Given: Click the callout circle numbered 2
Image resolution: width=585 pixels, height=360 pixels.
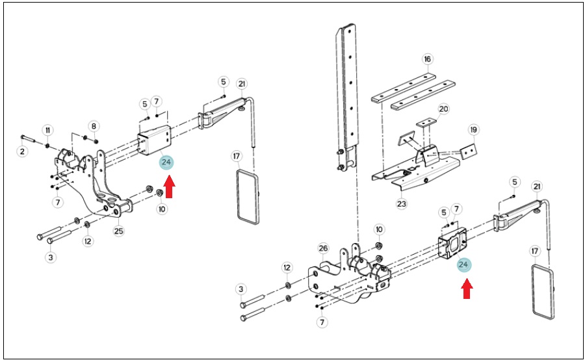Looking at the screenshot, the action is click(22, 151).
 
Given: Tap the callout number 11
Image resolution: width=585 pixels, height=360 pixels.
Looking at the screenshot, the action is click(47, 130).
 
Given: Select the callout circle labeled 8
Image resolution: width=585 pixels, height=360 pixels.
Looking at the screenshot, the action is click(94, 126).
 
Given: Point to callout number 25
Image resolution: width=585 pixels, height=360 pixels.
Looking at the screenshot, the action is click(119, 231).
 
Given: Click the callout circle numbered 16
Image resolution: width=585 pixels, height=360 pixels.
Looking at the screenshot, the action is click(428, 59).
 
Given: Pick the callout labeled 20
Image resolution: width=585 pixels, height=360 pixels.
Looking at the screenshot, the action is click(443, 109).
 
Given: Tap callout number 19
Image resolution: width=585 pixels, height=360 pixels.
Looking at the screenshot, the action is click(474, 130).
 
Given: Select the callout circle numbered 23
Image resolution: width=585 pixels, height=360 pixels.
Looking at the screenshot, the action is click(402, 204).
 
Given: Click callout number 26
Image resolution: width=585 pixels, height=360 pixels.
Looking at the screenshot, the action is click(323, 248).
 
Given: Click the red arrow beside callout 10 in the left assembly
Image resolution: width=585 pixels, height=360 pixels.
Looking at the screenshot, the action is click(169, 187).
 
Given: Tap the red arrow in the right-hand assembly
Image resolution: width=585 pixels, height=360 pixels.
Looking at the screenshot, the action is click(467, 289).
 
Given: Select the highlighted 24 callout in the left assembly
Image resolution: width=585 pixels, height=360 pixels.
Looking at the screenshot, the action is click(166, 162).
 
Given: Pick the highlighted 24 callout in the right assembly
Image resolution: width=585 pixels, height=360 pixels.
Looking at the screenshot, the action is click(463, 264).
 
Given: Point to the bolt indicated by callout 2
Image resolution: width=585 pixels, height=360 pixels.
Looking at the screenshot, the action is click(28, 138).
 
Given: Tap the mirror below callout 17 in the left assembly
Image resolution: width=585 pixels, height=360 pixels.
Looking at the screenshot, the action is click(248, 197).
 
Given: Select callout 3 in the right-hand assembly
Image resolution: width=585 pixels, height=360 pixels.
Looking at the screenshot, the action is click(241, 289).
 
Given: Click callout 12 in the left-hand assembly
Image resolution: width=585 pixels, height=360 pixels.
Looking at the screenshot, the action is click(88, 241).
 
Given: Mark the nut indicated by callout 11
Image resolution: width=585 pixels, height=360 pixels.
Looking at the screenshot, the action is click(47, 145).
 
